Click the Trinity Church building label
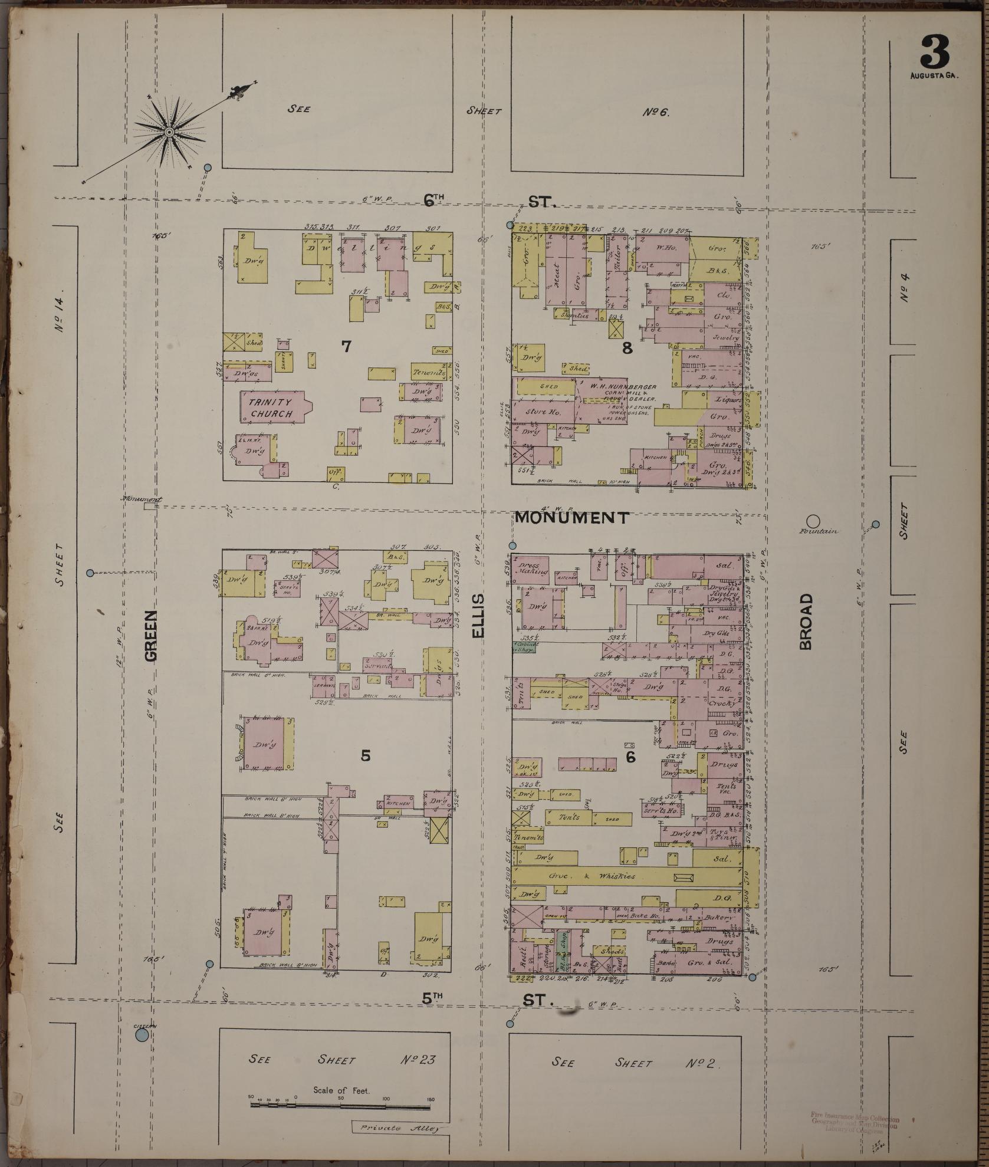pos(271,407)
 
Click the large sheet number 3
pos(936,52)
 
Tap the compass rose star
pos(169,132)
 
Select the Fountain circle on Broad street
pos(813,521)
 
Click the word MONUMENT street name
pos(571,518)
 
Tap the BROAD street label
pos(806,622)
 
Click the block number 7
pos(346,347)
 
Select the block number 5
pos(366,755)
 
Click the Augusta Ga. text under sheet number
pos(935,76)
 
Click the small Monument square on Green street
pos(150,505)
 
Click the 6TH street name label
pos(437,200)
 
